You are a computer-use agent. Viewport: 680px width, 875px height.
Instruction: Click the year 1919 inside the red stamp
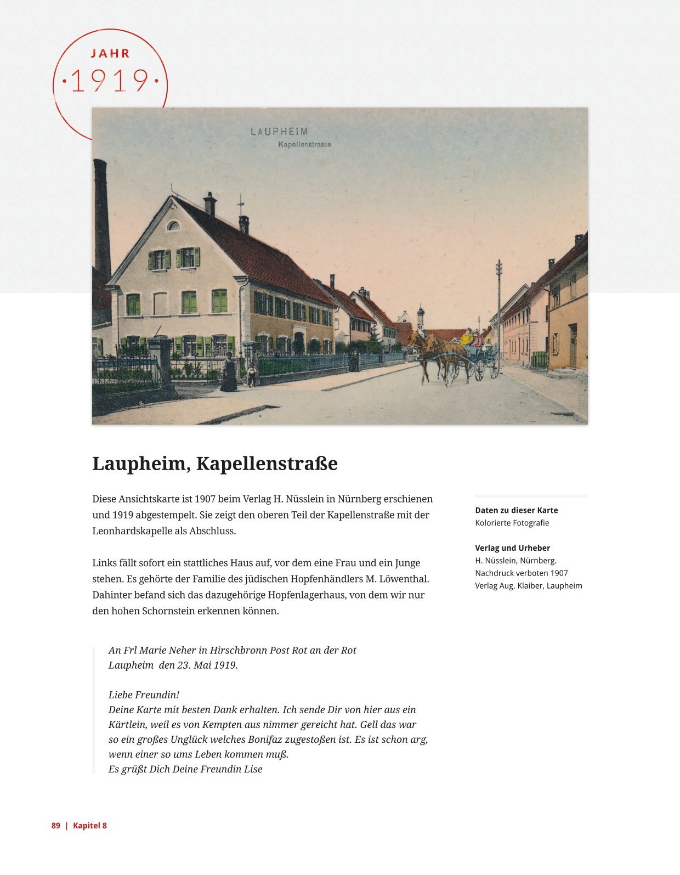pos(110,81)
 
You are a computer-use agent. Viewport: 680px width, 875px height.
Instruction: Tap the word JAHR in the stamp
pos(110,53)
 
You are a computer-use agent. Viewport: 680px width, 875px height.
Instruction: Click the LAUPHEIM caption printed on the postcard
pos(279,132)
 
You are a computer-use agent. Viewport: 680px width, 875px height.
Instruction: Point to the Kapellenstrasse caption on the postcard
pos(304,144)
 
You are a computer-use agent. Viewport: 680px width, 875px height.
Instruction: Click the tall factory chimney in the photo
pos(101,219)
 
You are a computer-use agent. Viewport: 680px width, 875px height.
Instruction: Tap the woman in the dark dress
pos(228,373)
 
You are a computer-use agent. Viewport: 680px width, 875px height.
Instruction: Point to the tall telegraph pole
pos(499,307)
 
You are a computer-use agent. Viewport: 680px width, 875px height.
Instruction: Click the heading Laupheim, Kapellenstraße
pos(214,464)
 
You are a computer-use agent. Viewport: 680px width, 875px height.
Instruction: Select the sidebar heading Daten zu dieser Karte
pos(516,510)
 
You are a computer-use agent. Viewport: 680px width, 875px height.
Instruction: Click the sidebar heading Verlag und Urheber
pos(512,548)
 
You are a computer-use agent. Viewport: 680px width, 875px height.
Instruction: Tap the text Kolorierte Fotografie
pos(512,523)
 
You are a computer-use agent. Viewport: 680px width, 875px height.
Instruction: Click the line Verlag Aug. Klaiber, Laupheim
pos(528,586)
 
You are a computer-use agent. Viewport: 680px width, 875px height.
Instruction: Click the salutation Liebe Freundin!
pos(144,695)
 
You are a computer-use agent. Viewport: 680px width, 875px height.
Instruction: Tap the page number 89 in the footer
pos(56,826)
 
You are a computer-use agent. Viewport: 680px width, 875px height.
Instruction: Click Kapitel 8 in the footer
pos(90,826)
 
